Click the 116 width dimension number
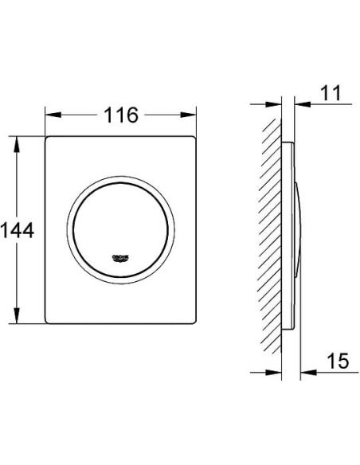(x=120, y=115)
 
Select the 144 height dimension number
(x=18, y=231)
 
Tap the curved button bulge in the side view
(x=299, y=231)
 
